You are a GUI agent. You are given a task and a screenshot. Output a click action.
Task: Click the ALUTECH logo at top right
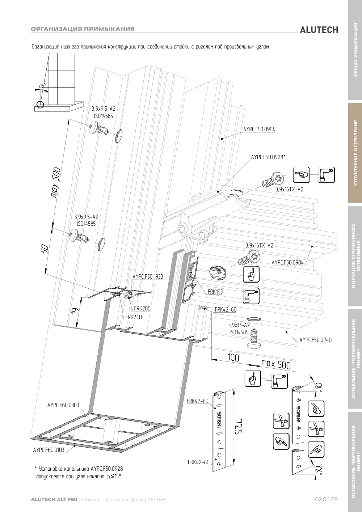point(319,30)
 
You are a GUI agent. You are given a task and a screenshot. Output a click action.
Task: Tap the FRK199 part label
point(215,292)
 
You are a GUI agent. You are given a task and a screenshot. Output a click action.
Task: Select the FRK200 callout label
point(142,308)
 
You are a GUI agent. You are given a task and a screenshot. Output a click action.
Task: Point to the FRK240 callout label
point(134,317)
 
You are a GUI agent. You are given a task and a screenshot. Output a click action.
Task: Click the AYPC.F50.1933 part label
point(148,276)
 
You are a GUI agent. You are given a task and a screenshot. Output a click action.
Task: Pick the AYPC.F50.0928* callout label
point(268,157)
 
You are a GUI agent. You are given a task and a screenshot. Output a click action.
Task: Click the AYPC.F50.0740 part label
point(315,340)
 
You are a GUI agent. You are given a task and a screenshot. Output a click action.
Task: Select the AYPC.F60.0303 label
point(63,411)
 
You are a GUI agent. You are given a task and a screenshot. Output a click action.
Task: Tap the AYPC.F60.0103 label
point(49,450)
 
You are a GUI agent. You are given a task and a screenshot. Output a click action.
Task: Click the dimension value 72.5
point(239,426)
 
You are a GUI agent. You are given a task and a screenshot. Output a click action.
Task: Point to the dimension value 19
point(75,310)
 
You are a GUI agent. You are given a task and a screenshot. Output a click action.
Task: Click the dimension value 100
point(233,357)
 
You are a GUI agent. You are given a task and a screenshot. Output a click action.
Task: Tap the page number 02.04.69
point(326,499)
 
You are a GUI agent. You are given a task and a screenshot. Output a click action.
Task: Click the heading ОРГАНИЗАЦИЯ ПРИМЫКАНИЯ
point(83,29)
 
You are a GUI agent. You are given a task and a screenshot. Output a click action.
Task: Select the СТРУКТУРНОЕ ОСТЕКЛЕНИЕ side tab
point(355,153)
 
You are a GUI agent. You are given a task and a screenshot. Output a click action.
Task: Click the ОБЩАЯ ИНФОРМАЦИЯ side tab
point(355,50)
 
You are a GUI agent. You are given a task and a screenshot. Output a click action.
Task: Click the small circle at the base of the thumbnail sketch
point(40,104)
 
